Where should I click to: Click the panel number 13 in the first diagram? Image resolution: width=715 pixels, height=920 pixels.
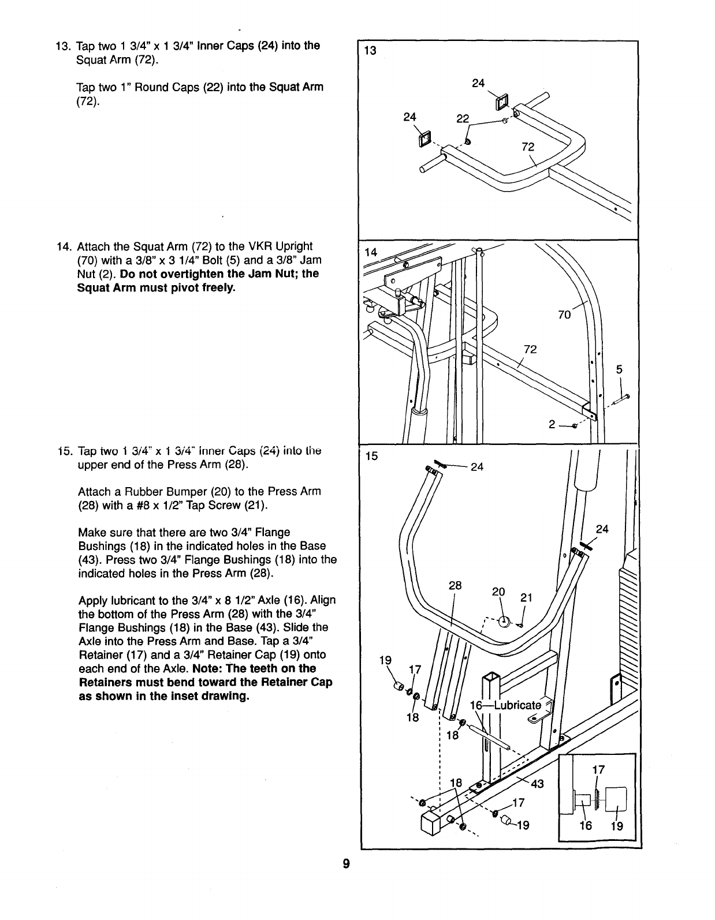[370, 50]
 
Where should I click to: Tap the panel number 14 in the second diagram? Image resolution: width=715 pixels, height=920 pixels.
[371, 252]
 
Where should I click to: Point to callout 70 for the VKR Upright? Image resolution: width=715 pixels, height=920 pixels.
[564, 315]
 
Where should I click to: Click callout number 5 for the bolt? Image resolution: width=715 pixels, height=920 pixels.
[619, 369]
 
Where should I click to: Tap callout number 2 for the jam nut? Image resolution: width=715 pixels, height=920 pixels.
[552, 425]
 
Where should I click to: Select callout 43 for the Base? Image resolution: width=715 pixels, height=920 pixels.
[537, 784]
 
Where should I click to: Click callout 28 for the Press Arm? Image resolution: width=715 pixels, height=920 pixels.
[455, 585]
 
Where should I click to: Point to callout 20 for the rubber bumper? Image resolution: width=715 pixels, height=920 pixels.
[498, 592]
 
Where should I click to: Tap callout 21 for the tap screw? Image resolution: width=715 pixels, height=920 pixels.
[526, 599]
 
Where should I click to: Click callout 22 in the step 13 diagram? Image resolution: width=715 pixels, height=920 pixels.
[463, 118]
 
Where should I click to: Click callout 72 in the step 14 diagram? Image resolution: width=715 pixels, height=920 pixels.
[530, 349]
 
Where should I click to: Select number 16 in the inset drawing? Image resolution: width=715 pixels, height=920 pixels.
[586, 825]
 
